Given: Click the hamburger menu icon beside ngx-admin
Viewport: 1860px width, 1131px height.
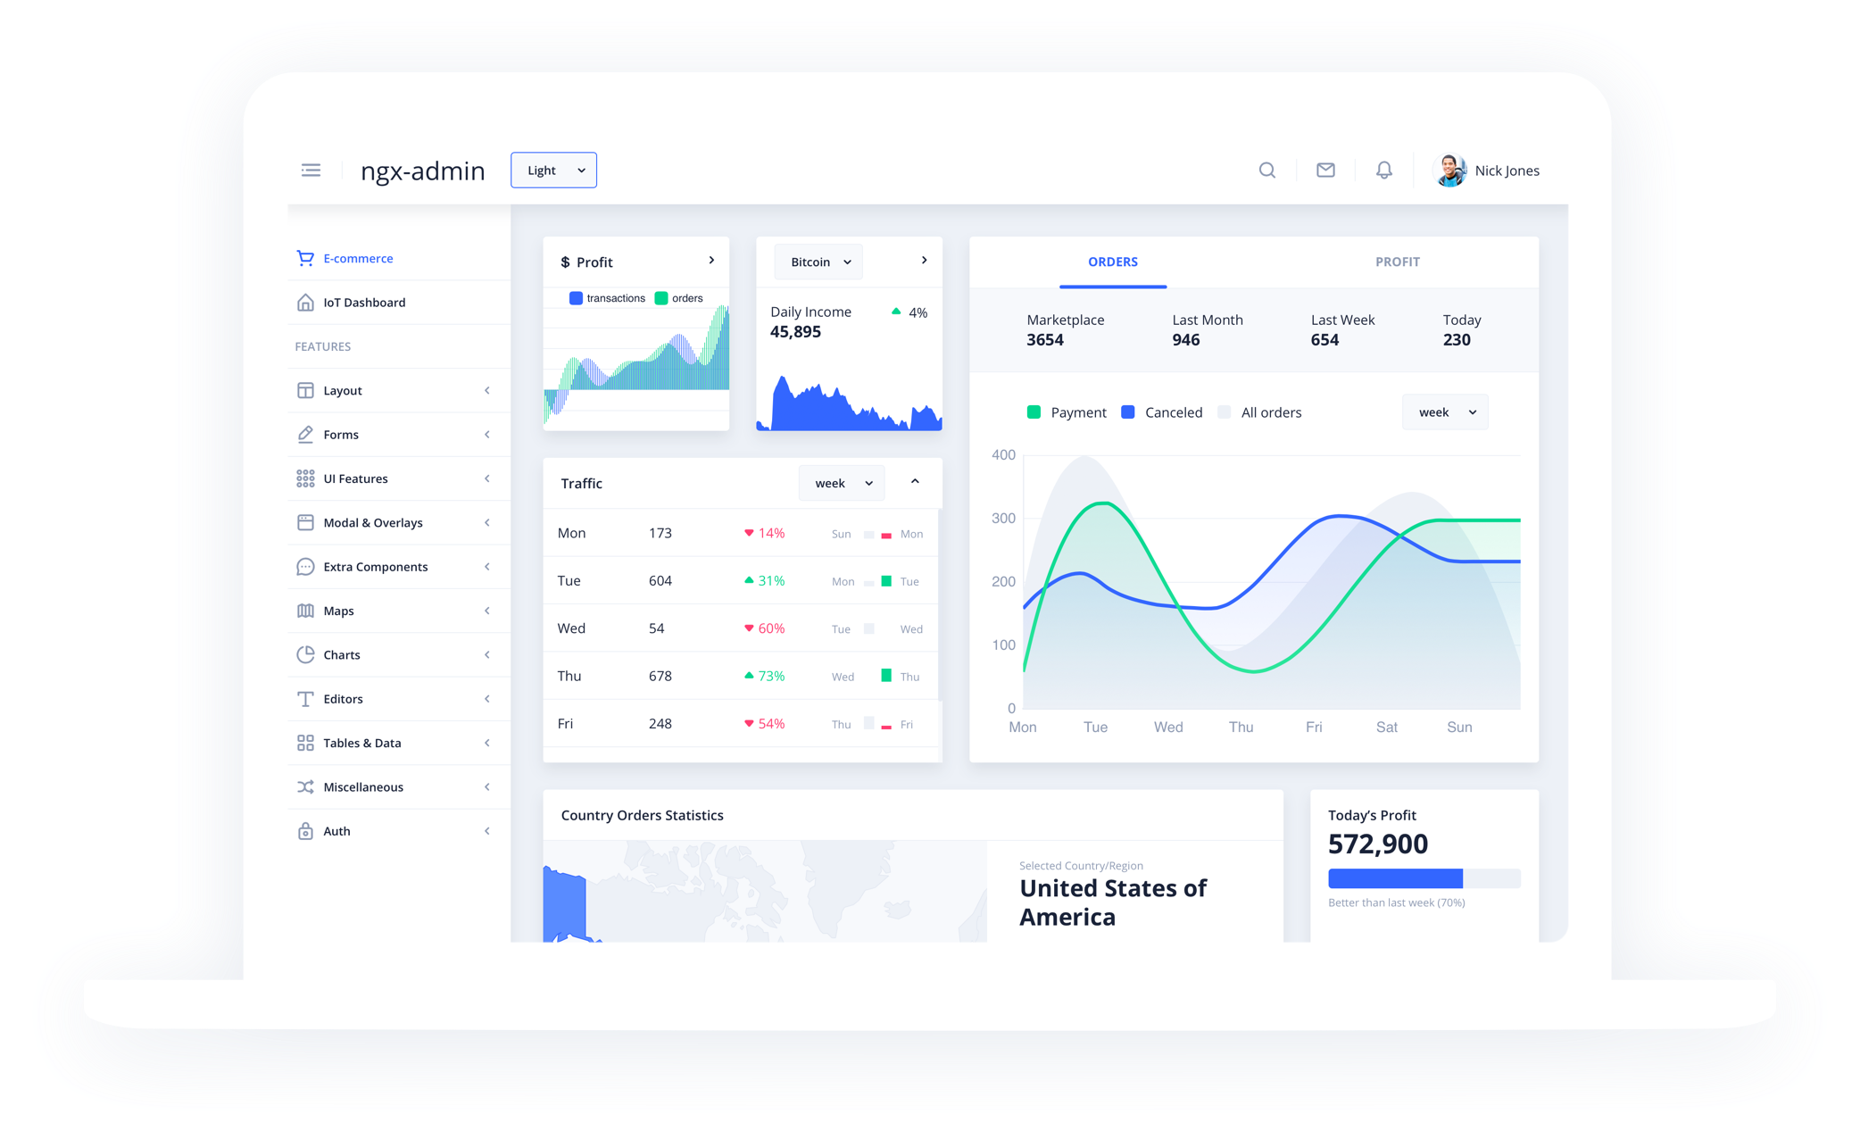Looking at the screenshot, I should click(311, 170).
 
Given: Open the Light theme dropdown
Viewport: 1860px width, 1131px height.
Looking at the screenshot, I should click(553, 170).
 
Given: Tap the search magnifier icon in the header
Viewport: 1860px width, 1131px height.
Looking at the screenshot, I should click(1266, 170).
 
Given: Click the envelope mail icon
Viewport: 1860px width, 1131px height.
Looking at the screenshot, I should click(1325, 170).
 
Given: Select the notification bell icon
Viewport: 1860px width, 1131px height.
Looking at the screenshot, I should click(1383, 170).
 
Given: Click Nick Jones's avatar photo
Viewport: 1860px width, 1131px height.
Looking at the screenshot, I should click(1449, 170).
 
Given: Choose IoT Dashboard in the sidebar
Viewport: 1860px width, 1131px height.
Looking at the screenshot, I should click(364, 303).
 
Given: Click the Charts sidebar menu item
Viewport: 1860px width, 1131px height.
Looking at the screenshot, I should click(342, 655).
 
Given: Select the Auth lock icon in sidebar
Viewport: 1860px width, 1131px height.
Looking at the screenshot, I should click(305, 831).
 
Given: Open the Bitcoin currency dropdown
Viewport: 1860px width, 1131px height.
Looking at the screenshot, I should click(819, 262).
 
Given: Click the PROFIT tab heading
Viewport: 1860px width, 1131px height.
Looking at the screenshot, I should click(1397, 262).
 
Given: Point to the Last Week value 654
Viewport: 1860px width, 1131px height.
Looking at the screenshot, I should click(1324, 340).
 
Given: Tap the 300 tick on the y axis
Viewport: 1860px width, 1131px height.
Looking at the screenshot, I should click(1003, 519).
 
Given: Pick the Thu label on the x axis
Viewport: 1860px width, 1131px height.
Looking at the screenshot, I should click(1241, 728).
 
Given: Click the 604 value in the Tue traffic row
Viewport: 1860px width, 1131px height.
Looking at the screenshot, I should click(660, 581).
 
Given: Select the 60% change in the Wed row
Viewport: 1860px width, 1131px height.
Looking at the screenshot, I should click(770, 628).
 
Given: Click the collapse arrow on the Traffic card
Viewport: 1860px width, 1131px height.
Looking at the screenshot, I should click(915, 482).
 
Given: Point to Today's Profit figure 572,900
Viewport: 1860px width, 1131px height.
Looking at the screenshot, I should click(1377, 844).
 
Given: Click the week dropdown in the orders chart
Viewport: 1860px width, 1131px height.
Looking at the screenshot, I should click(1445, 412).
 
